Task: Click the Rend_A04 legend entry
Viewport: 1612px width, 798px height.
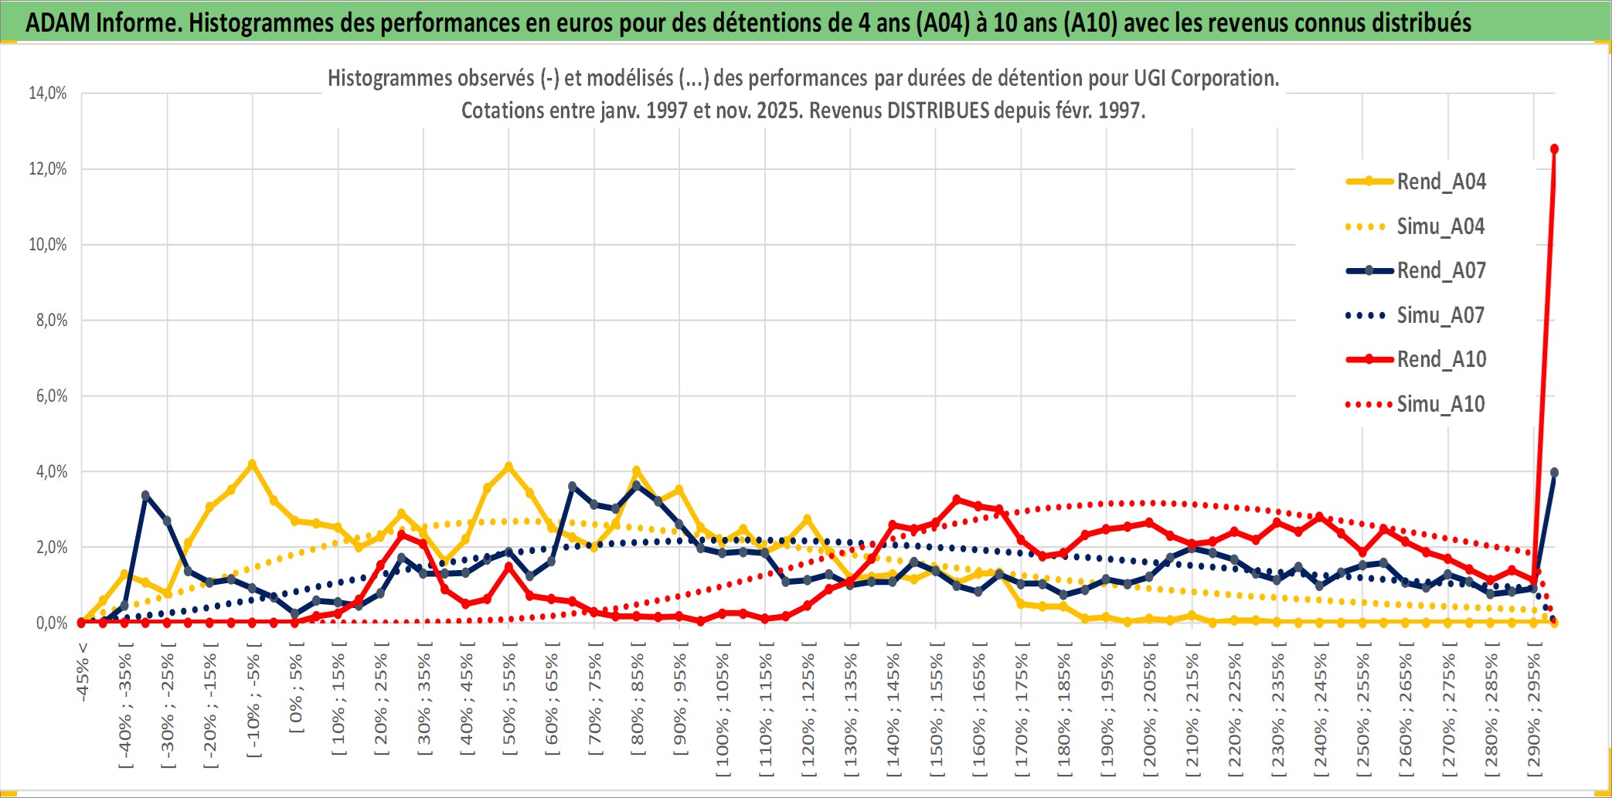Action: (x=1440, y=182)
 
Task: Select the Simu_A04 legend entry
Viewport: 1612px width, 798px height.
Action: (x=1440, y=226)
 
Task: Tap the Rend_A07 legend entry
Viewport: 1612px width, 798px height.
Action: (x=1440, y=270)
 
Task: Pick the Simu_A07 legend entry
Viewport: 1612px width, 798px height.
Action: (x=1440, y=315)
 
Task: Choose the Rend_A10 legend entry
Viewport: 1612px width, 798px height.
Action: (x=1440, y=359)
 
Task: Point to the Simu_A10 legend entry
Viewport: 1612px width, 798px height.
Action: (x=1440, y=404)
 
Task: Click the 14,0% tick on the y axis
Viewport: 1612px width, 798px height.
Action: (x=48, y=93)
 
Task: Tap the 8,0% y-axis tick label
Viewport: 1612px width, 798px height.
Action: (x=51, y=321)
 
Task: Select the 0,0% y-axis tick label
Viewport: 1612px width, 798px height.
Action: (x=51, y=623)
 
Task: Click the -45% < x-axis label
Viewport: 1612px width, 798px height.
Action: (x=83, y=672)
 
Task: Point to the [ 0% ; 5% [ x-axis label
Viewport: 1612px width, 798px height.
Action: (x=296, y=693)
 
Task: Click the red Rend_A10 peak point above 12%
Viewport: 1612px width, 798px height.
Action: (x=1554, y=149)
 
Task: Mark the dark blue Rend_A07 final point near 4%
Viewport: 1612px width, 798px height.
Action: (x=1554, y=472)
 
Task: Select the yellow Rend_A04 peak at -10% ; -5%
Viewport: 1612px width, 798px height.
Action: (x=252, y=464)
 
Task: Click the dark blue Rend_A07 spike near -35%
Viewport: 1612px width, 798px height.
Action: (x=145, y=495)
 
